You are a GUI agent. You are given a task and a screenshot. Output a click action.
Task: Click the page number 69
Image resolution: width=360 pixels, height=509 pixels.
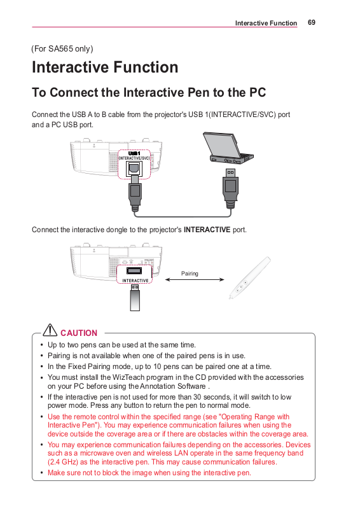pyautogui.click(x=311, y=22)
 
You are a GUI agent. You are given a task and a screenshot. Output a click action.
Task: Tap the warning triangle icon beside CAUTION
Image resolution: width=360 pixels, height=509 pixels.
pyautogui.click(x=50, y=330)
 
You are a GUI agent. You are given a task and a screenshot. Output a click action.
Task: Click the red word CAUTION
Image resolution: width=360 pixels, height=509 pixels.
pyautogui.click(x=79, y=333)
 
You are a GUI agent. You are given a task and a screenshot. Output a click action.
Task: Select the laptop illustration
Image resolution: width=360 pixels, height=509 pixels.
pyautogui.click(x=228, y=148)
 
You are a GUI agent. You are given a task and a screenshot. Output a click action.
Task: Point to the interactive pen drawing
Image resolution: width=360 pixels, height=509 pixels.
pyautogui.click(x=249, y=277)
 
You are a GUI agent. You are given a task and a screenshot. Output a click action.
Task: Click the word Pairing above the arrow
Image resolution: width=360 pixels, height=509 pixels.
pyautogui.click(x=190, y=274)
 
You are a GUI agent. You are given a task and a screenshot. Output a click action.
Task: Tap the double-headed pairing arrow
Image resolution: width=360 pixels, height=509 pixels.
pyautogui.click(x=195, y=279)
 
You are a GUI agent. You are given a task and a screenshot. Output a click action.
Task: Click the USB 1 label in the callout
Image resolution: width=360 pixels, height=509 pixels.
pyautogui.click(x=134, y=153)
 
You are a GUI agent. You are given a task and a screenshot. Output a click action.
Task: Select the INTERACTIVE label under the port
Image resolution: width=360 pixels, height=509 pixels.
pyautogui.click(x=135, y=281)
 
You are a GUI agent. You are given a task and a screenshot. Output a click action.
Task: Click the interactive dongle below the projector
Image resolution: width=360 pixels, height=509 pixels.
pyautogui.click(x=135, y=297)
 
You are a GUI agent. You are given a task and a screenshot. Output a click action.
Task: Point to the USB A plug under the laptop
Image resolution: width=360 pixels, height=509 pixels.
pyautogui.click(x=230, y=188)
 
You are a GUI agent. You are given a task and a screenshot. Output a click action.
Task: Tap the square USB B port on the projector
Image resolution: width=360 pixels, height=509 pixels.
pyautogui.click(x=134, y=168)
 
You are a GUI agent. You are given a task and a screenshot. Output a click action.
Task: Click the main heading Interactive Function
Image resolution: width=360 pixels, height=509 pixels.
pyautogui.click(x=105, y=67)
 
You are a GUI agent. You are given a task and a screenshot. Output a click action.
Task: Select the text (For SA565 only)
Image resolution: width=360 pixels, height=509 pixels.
pyautogui.click(x=62, y=49)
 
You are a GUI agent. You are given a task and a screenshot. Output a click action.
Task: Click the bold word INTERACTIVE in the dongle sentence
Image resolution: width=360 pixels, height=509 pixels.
pyautogui.click(x=207, y=230)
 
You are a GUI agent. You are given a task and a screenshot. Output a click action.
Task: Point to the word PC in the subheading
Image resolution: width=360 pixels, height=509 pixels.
pyautogui.click(x=258, y=92)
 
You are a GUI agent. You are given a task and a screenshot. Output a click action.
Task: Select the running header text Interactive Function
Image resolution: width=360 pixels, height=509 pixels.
pyautogui.click(x=267, y=23)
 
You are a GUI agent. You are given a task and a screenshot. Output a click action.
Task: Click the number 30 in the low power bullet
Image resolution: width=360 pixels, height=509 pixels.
pyautogui.click(x=197, y=397)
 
